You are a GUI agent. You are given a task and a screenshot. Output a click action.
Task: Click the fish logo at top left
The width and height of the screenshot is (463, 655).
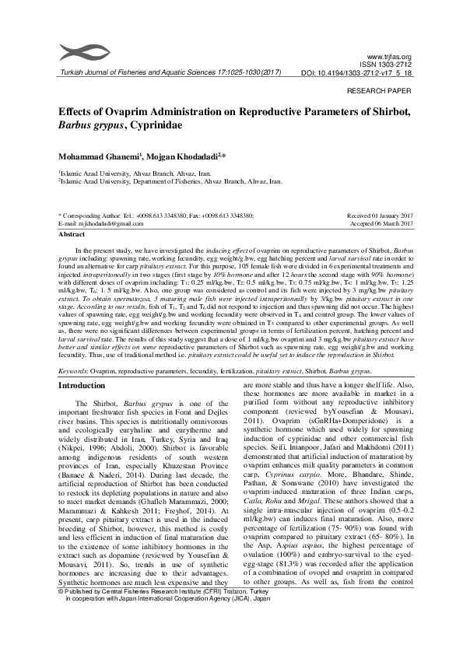pos(77,53)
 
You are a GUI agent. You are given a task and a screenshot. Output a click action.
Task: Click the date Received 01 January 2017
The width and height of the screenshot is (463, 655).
pos(379,215)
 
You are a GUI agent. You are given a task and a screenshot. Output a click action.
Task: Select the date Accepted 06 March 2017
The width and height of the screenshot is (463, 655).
pos(381,222)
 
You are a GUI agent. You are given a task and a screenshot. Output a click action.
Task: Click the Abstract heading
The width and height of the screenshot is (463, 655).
pos(72,233)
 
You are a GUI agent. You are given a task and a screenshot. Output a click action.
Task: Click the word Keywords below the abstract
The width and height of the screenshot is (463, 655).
pos(73,372)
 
